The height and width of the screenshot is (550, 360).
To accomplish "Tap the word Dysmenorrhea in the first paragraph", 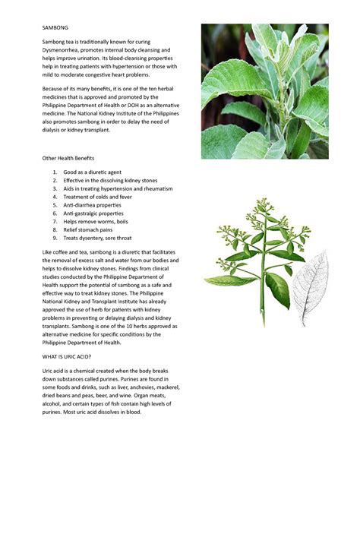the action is click(x=64, y=49).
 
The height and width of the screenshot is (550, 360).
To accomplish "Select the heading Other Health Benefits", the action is click(x=69, y=158).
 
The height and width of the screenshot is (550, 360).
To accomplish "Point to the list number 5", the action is click(x=55, y=205).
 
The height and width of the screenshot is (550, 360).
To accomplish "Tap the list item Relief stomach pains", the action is click(x=88, y=229).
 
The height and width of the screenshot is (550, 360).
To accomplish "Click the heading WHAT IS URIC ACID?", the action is click(x=67, y=356).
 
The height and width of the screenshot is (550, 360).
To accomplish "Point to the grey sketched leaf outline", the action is click(x=309, y=289).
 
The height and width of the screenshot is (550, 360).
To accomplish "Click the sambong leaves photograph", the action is click(x=264, y=91).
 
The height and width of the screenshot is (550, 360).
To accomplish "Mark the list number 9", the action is click(x=55, y=238).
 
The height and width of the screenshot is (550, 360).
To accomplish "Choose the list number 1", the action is click(x=55, y=172).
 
